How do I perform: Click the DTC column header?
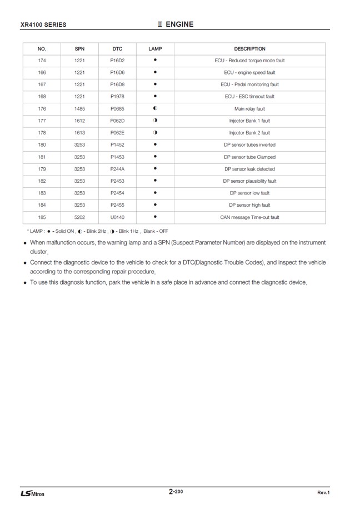pyautogui.click(x=117, y=49)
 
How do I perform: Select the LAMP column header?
pyautogui.click(x=156, y=49)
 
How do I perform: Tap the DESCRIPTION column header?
pyautogui.click(x=249, y=49)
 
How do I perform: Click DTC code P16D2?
pyautogui.click(x=117, y=61)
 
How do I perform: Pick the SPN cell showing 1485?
pyautogui.click(x=79, y=109)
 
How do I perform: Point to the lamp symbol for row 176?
pyautogui.click(x=156, y=108)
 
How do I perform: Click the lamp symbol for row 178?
pyautogui.click(x=156, y=133)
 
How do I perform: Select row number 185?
pyautogui.click(x=42, y=217)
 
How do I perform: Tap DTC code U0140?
pyautogui.click(x=117, y=217)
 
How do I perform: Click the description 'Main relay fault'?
pyautogui.click(x=249, y=109)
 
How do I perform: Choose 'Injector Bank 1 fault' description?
pyautogui.click(x=249, y=121)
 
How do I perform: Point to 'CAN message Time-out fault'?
pyautogui.click(x=249, y=217)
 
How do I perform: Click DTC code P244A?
pyautogui.click(x=117, y=169)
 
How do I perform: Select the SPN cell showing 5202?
pyautogui.click(x=79, y=217)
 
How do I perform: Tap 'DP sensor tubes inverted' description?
pyautogui.click(x=249, y=145)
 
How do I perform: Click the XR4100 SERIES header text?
pyautogui.click(x=43, y=25)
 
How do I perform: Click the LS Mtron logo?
pyautogui.click(x=32, y=493)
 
